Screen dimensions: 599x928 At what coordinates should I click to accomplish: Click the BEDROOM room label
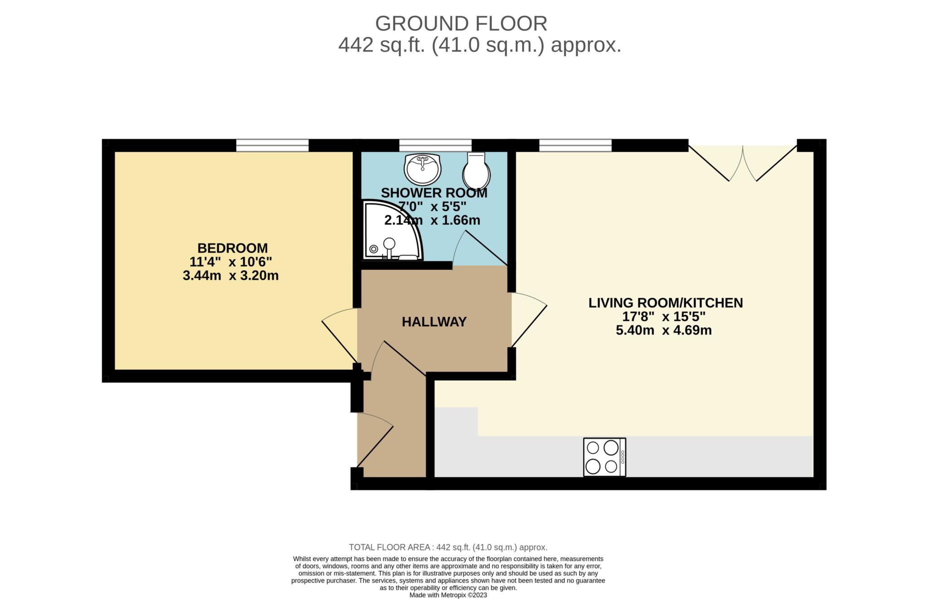232,248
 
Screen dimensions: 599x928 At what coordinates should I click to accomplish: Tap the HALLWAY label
434,322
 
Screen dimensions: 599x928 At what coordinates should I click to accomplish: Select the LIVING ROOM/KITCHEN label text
666,303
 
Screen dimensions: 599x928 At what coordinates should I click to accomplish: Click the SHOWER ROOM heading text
434,193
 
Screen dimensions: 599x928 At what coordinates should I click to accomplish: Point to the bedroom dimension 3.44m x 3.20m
231,275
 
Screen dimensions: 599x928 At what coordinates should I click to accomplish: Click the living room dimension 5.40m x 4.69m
664,330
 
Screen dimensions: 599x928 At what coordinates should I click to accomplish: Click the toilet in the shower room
476,171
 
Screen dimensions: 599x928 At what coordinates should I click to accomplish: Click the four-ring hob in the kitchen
604,457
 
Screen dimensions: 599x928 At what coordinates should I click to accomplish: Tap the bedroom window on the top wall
272,145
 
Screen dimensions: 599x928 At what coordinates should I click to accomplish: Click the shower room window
435,145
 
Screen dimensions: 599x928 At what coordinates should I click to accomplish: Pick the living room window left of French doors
575,145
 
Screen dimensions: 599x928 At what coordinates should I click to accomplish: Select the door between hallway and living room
528,319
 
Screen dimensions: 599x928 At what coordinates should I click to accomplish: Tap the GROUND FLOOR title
461,24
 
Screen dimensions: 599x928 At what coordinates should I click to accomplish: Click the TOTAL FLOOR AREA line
448,547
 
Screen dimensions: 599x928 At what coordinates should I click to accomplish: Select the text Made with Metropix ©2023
448,595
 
